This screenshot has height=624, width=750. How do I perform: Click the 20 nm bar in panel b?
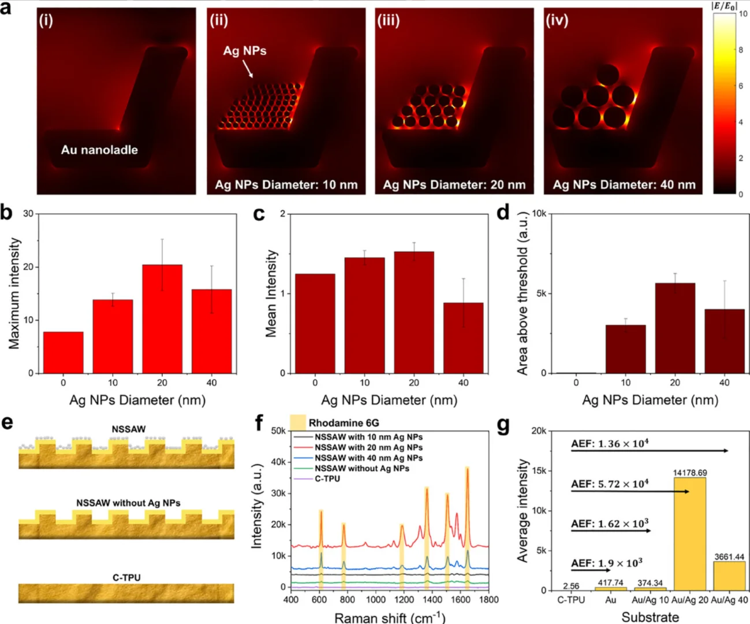click(162, 318)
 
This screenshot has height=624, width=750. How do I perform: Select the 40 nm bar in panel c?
click(463, 338)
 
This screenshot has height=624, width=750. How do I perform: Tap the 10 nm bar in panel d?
click(625, 349)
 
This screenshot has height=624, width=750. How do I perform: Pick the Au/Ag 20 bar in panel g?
click(689, 533)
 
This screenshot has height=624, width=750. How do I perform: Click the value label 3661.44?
click(729, 557)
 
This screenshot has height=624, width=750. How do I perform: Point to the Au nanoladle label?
click(99, 150)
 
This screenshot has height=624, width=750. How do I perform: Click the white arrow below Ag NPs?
click(247, 69)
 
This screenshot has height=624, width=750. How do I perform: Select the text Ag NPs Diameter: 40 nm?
click(624, 185)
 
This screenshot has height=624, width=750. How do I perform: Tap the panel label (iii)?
click(389, 20)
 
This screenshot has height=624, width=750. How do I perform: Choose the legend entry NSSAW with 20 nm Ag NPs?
click(368, 447)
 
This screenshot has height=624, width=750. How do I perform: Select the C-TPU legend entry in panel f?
click(327, 478)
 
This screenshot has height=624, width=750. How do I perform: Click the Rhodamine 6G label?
click(344, 423)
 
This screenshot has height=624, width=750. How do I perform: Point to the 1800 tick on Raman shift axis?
click(488, 600)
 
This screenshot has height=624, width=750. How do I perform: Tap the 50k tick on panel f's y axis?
click(278, 431)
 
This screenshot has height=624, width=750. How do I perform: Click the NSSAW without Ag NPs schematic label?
click(128, 503)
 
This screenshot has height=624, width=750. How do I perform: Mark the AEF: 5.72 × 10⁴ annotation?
click(610, 484)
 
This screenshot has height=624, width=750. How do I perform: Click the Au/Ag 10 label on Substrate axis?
click(650, 600)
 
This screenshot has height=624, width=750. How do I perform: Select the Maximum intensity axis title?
click(14, 294)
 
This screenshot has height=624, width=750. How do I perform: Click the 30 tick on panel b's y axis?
click(28, 214)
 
